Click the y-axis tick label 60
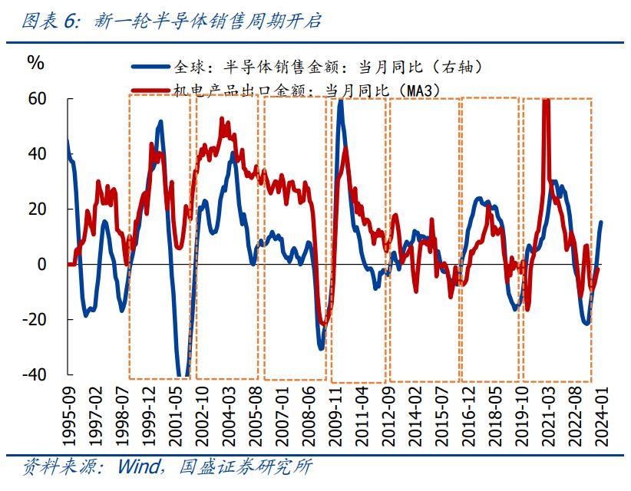click(37, 99)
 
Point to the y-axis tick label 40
click(37, 154)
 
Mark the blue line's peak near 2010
click(340, 101)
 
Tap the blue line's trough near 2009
click(320, 349)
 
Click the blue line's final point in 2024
click(601, 222)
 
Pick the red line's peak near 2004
click(221, 119)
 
